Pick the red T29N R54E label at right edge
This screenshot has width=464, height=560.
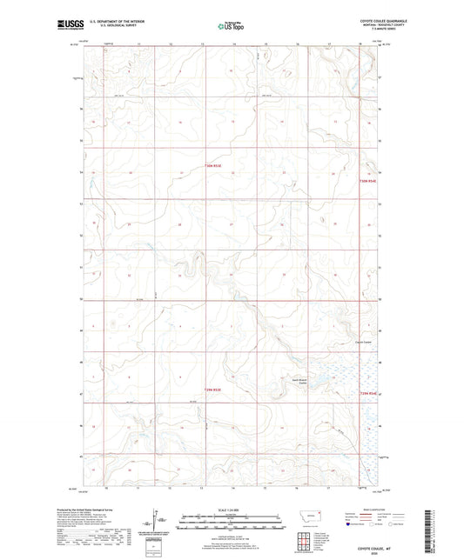pos(368,394)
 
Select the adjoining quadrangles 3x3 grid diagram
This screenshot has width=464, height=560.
pos(302,542)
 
